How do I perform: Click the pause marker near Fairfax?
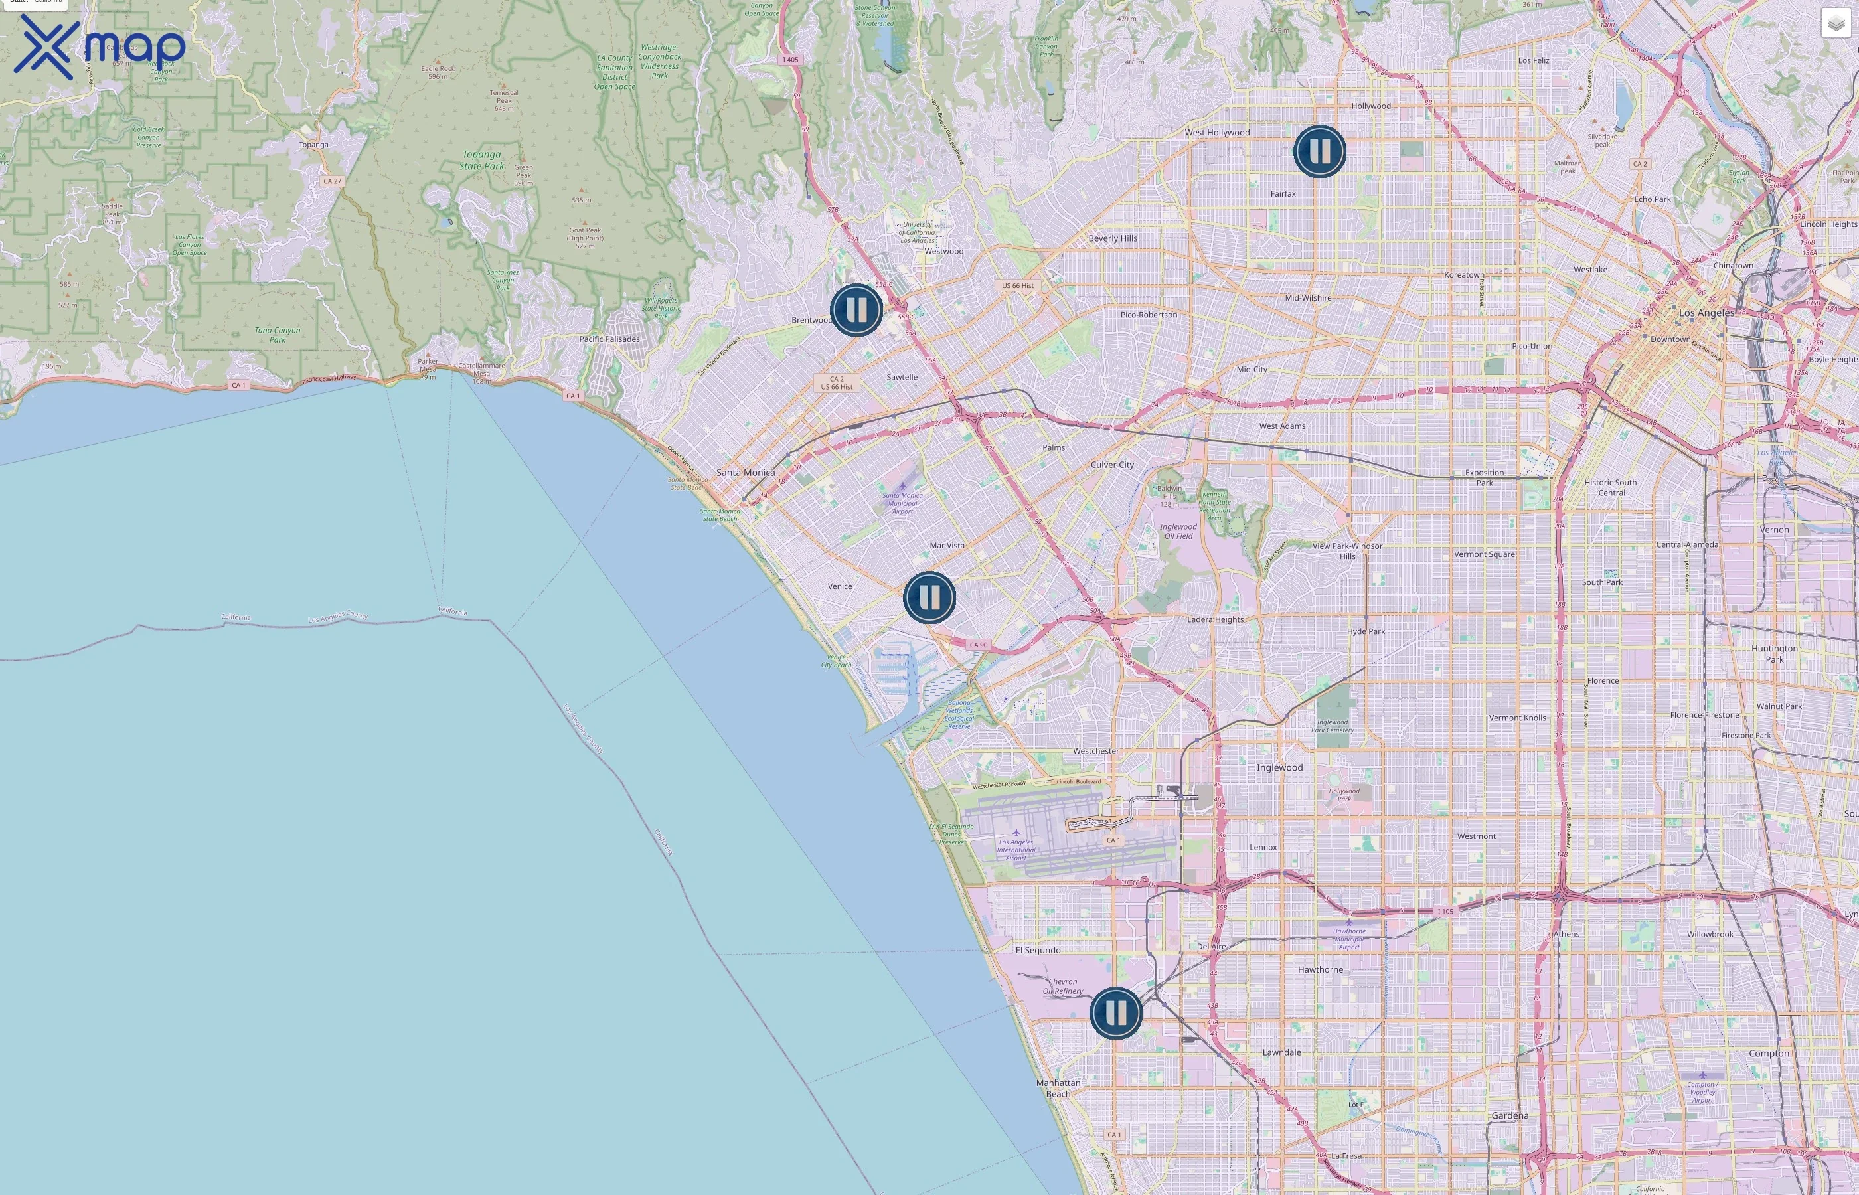1319,151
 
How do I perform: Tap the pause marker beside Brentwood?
856,309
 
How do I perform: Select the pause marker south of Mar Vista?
929,597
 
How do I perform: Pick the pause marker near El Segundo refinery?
1115,1012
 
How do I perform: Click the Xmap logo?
100,46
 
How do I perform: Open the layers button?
1836,23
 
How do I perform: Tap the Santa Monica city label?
745,473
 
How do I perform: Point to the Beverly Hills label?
1113,238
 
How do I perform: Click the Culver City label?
1112,465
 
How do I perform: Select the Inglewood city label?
1279,767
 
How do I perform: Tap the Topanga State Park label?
481,160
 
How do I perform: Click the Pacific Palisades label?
609,339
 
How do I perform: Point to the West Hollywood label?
1216,133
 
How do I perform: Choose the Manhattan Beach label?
1058,1088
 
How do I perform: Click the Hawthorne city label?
1320,969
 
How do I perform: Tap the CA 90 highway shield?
979,645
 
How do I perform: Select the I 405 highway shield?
790,60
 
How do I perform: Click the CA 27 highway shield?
332,181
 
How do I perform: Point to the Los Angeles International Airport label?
1016,850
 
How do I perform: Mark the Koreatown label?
1463,275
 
